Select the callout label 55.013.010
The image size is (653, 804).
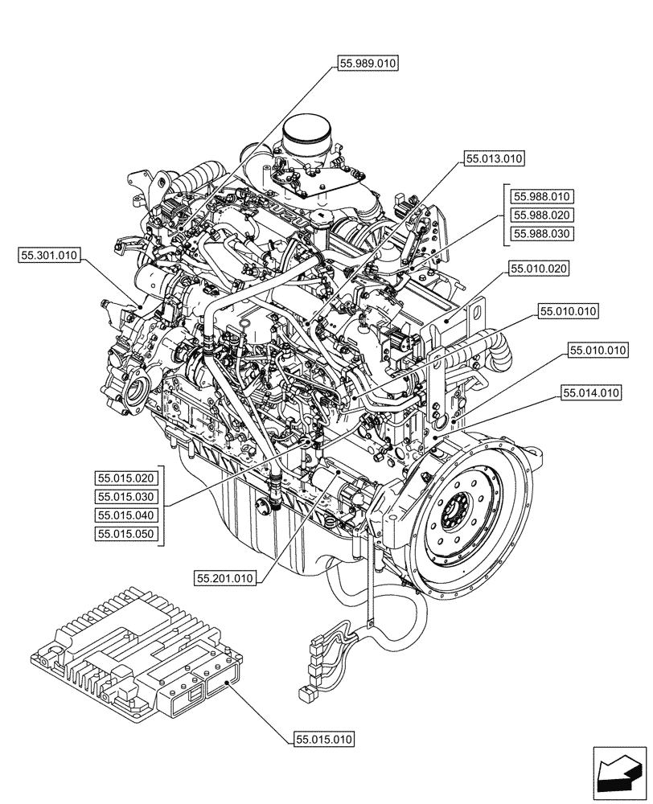coord(494,159)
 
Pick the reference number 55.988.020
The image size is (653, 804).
coord(542,215)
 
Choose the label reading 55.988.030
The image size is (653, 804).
coord(542,234)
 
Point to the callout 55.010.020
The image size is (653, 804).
coord(537,269)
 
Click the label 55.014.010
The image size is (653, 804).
coord(591,393)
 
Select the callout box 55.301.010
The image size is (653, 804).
coord(48,256)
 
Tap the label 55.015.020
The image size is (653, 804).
coord(127,478)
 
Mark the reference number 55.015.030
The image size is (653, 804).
coord(127,496)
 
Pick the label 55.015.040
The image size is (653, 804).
coord(127,515)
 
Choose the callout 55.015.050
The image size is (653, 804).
coord(127,533)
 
